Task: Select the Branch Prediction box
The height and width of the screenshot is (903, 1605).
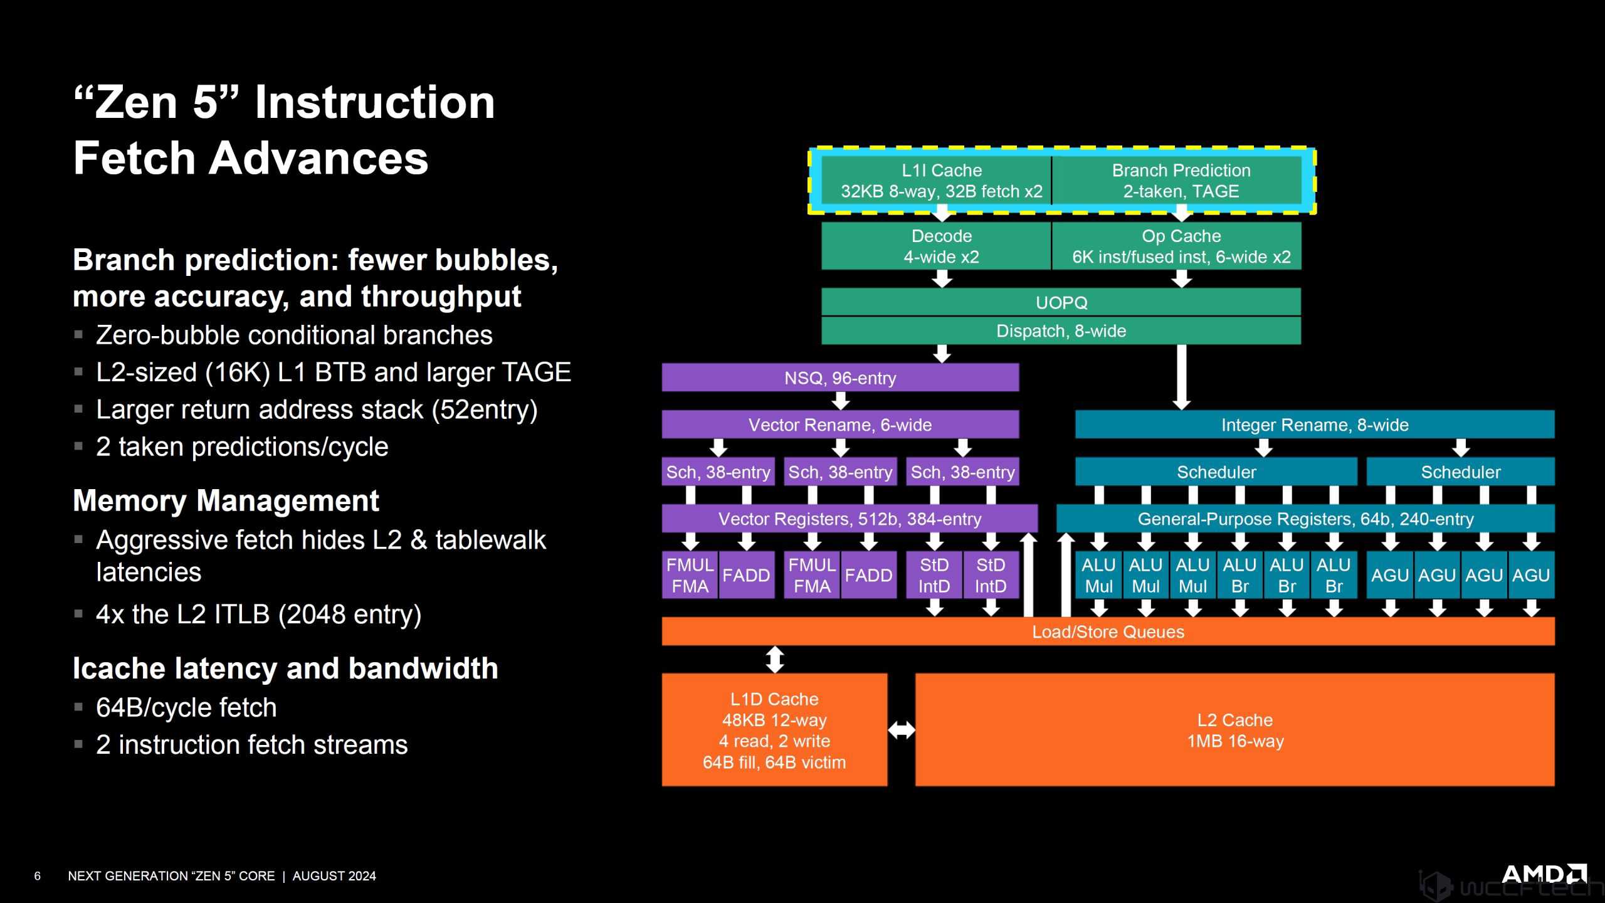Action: coord(1180,181)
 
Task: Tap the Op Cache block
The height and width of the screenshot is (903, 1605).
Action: coord(1180,246)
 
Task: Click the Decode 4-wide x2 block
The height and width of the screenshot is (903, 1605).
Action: coord(940,246)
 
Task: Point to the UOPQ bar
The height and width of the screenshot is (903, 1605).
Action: coord(1061,302)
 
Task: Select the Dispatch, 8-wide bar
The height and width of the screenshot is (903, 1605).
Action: coord(1061,331)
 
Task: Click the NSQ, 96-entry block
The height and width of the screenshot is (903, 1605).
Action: coord(840,378)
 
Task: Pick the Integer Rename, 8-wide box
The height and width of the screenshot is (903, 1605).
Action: coord(1314,425)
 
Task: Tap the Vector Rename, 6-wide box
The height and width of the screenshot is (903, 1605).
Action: coord(840,425)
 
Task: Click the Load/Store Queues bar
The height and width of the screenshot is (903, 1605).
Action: coord(1108,631)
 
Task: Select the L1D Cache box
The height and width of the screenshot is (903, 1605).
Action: coord(774,730)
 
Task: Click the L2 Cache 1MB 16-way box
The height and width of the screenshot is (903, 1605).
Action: coord(1234,730)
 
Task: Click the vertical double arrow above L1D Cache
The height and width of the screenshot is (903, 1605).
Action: coord(775,660)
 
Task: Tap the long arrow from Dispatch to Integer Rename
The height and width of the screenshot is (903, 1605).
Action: coord(1181,376)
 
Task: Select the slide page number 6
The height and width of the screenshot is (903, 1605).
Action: coord(38,876)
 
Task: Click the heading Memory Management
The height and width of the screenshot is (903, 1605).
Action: coord(226,501)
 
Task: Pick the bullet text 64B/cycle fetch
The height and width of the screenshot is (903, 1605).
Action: coord(186,708)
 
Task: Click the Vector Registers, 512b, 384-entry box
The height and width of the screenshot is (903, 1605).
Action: coord(850,519)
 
